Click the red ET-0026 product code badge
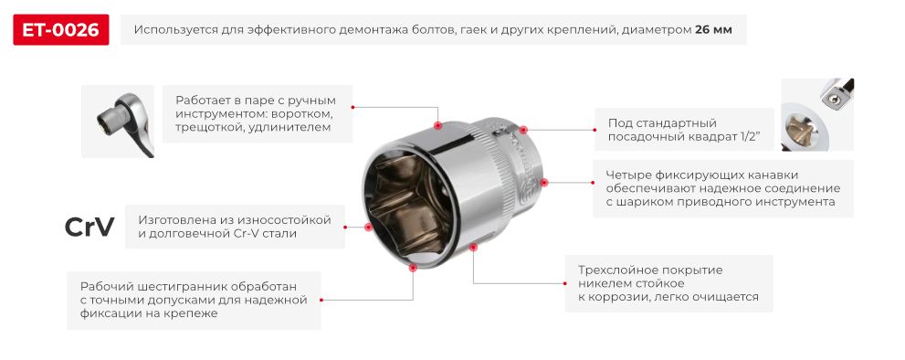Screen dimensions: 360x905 (61, 30)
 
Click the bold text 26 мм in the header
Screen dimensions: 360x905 (713, 30)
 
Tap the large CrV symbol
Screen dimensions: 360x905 (89, 228)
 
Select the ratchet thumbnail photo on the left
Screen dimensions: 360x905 (117, 121)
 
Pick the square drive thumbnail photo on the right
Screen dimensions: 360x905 (816, 114)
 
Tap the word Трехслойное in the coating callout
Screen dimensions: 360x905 (616, 270)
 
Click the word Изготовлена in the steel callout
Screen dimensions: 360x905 (175, 219)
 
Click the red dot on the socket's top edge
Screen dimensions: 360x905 (437, 124)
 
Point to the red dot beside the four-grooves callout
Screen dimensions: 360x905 (546, 182)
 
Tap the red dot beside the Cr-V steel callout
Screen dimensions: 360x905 (368, 227)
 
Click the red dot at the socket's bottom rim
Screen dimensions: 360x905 (413, 268)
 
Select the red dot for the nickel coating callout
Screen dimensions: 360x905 (473, 246)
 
